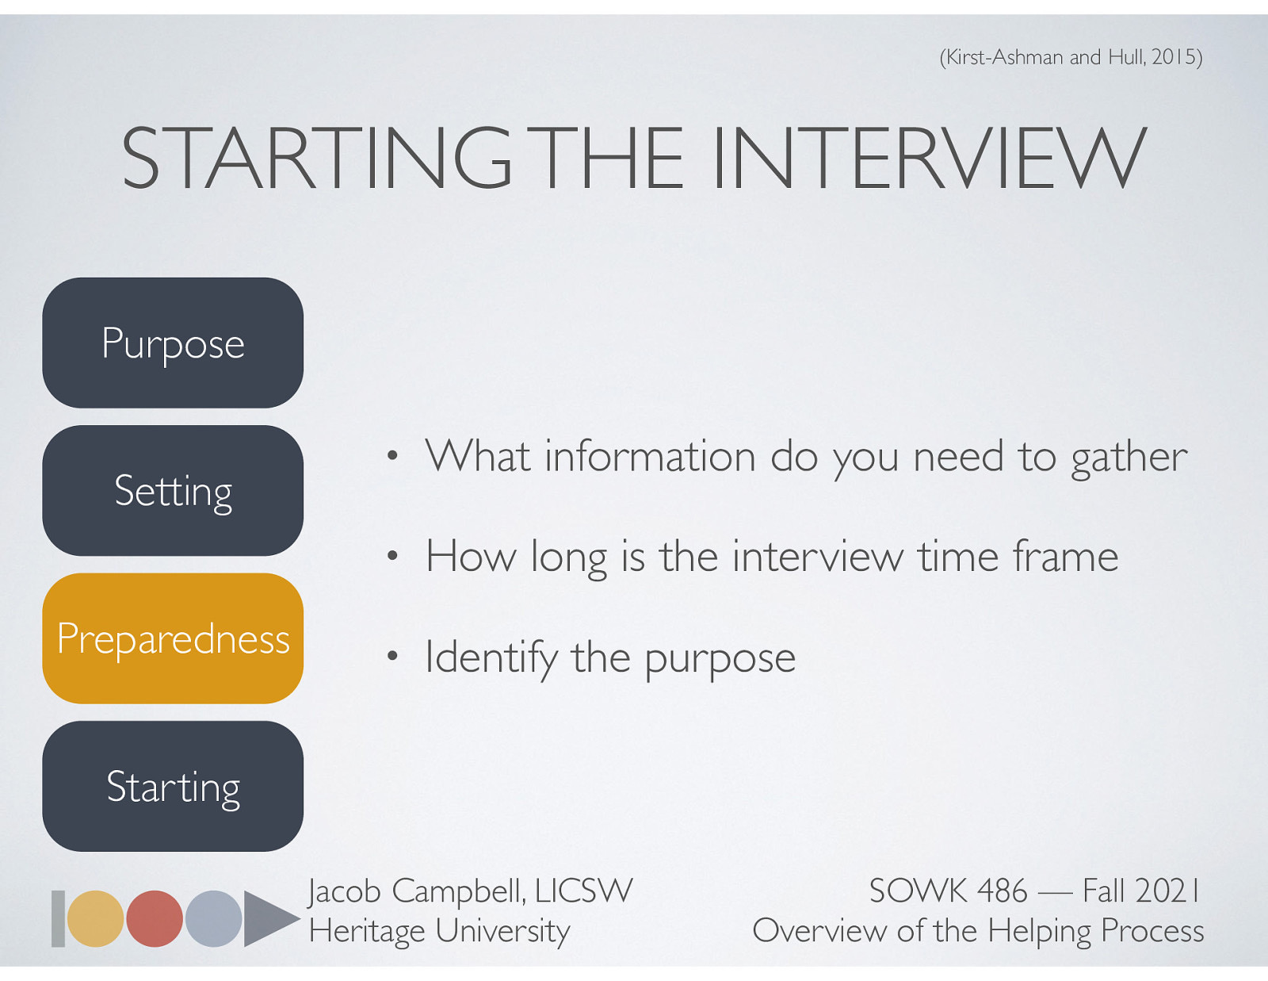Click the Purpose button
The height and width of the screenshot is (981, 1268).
pos(173,343)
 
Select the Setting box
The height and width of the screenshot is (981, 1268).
pos(173,490)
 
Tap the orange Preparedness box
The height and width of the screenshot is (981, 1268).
pos(173,638)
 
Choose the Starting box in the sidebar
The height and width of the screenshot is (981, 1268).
pos(173,786)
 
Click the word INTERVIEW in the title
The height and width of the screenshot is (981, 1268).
pos(928,159)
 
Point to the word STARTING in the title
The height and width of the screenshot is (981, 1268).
pos(317,159)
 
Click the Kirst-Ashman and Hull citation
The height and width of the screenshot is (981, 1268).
pos(1071,57)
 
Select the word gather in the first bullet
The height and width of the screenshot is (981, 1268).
pos(1129,458)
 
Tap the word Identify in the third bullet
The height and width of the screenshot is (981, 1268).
pos(491,658)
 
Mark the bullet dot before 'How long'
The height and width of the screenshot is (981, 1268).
pos(391,557)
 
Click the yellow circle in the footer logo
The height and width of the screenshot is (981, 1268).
pos(95,918)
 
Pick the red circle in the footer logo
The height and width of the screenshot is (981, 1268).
pos(155,918)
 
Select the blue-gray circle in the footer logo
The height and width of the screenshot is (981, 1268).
pos(213,918)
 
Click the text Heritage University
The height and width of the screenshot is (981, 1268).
pos(439,931)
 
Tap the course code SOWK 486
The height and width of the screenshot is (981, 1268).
pos(948,891)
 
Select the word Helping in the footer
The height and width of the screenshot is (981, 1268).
pos(1040,931)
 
